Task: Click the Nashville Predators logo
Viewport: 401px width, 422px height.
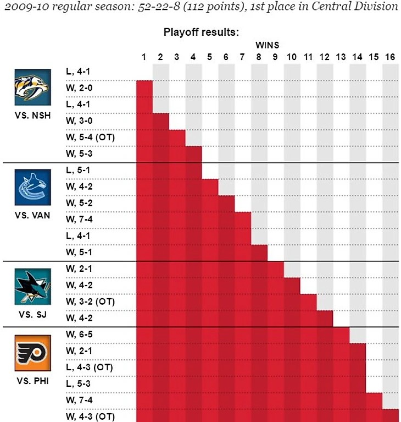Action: point(32,87)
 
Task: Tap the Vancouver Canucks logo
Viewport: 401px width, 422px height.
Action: point(32,187)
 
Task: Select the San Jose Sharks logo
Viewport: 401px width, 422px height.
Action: point(32,286)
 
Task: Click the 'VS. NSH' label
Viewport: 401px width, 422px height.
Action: point(32,116)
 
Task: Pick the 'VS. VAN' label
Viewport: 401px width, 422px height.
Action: point(32,215)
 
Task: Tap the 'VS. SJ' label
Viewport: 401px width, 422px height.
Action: point(32,314)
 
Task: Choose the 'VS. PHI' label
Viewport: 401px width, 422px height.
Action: point(32,380)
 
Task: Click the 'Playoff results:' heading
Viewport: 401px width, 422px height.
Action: point(201,32)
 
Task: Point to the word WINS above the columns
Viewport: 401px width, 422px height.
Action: point(268,46)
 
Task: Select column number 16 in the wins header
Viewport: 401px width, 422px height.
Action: point(390,57)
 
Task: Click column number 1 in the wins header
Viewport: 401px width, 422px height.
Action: point(144,57)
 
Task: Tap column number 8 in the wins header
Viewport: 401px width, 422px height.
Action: point(259,57)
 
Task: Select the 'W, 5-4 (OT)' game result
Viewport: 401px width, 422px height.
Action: point(90,137)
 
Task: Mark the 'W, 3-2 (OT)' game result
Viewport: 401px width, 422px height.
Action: point(90,302)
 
